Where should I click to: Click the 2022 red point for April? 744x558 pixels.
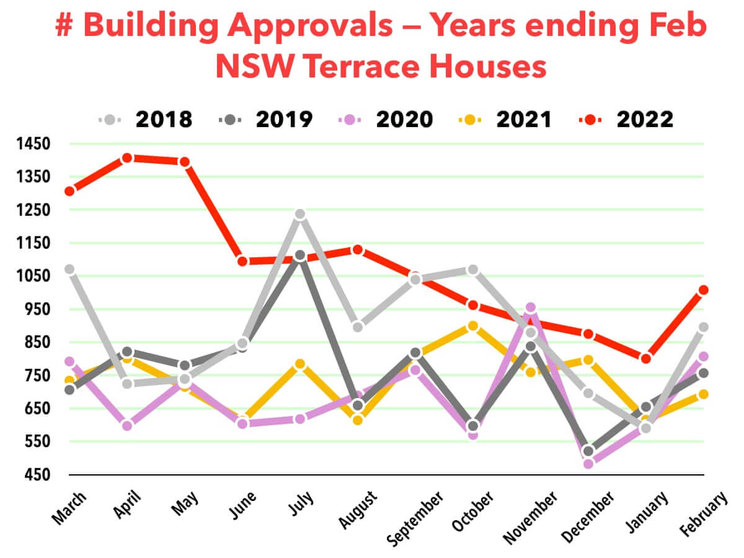pos(127,158)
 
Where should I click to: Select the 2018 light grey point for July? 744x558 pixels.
pos(300,215)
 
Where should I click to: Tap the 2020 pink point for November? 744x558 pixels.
pos(530,308)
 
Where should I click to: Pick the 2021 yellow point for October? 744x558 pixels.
pos(472,326)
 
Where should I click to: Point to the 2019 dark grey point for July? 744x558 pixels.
pos(300,255)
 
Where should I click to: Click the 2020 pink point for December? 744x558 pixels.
pos(588,463)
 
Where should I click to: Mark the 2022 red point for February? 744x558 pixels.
pos(703,290)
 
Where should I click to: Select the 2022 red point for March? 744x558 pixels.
pos(69,191)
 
